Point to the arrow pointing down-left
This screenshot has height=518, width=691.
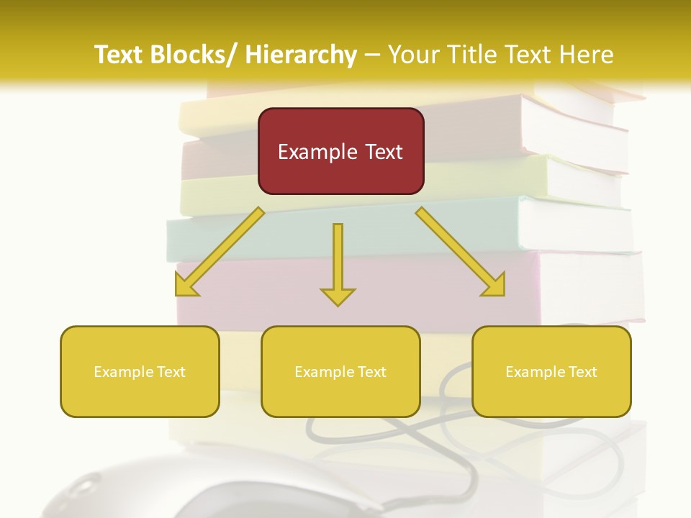220,253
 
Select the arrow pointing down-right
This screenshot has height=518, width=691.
460,252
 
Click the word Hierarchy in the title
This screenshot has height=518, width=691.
301,55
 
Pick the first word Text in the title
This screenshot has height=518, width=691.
120,55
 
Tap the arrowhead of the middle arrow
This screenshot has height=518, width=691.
338,296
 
